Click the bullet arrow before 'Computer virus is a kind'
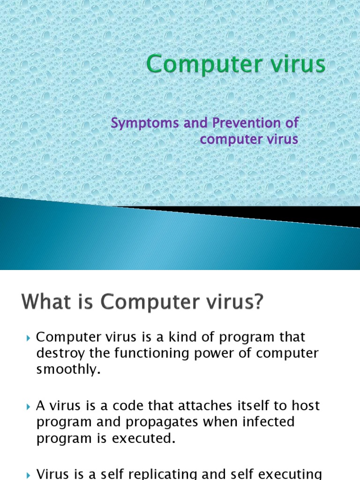[x=29, y=338]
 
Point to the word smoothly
[x=68, y=369]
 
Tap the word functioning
[x=140, y=353]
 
